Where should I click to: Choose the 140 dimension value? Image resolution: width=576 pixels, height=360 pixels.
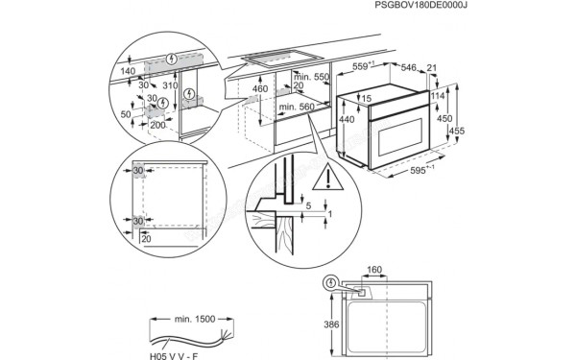(127, 71)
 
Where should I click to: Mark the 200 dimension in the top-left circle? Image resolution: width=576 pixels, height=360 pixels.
(157, 126)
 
